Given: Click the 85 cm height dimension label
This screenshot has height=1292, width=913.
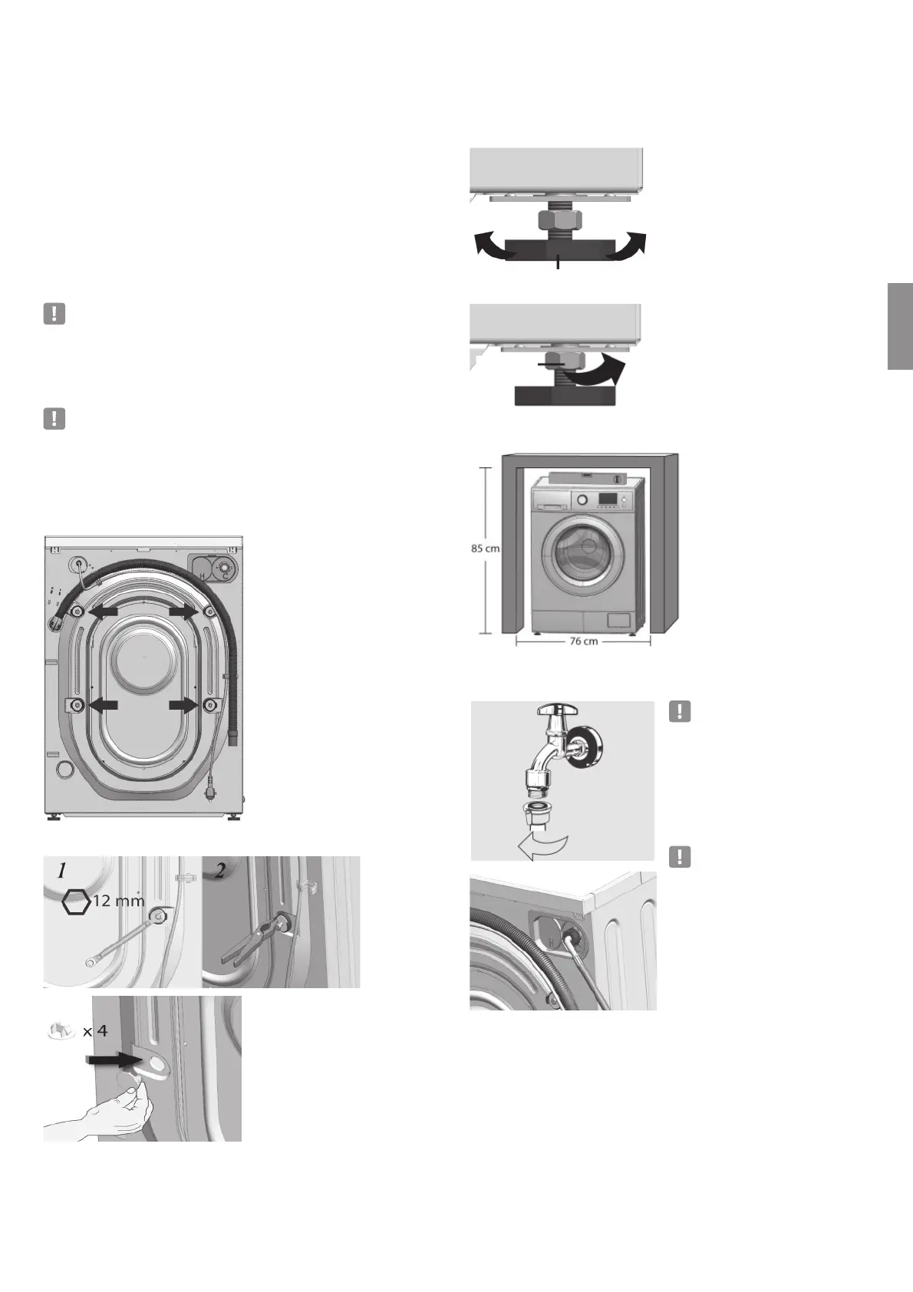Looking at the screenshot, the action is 485,549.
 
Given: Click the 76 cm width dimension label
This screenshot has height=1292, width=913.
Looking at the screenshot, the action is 583,641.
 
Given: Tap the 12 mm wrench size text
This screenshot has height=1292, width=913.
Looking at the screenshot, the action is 117,901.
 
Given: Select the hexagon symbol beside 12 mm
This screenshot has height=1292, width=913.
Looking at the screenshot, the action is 76,903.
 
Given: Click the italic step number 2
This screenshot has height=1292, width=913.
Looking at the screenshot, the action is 220,872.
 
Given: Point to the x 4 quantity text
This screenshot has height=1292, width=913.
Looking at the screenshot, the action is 95,1031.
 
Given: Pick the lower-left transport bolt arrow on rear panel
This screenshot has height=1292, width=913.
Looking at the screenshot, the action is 104,704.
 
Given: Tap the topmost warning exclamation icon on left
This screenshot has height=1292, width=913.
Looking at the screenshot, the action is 54,314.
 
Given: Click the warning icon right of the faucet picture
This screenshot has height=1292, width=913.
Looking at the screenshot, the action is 680,711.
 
